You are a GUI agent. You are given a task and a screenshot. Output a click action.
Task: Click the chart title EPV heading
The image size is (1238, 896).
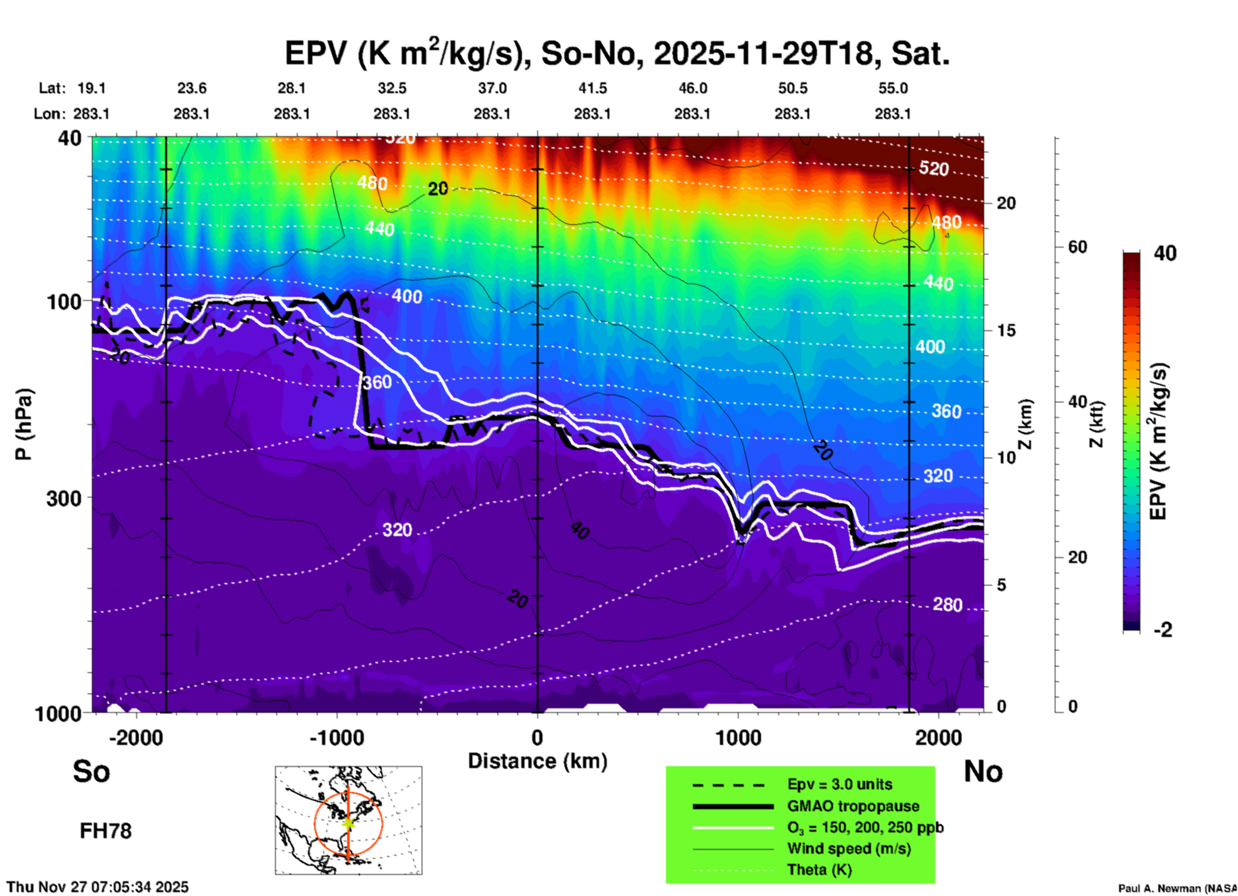(617, 53)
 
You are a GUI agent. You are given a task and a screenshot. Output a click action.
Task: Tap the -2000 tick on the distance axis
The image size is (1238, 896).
(136, 737)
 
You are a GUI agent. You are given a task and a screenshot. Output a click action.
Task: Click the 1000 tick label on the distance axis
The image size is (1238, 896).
(739, 737)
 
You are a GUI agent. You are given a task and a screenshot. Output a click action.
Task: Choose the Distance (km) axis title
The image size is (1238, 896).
(537, 761)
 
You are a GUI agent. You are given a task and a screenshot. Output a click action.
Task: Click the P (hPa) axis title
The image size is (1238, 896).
(23, 424)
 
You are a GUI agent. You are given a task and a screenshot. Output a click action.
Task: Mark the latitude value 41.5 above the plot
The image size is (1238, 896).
(592, 88)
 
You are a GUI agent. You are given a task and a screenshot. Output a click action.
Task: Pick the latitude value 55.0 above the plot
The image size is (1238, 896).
(893, 88)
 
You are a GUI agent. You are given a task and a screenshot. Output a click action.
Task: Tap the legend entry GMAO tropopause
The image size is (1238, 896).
(853, 806)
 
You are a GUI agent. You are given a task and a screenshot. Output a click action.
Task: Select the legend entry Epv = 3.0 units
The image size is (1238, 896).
(839, 784)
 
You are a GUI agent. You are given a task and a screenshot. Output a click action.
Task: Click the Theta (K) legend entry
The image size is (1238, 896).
(819, 870)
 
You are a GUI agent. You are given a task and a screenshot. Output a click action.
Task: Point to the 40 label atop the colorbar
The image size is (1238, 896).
(1165, 253)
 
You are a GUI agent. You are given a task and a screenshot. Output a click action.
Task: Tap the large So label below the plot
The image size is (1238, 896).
(91, 771)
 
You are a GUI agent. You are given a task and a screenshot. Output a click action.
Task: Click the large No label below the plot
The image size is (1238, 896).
(983, 771)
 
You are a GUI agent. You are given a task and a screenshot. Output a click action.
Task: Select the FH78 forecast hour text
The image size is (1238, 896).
(105, 831)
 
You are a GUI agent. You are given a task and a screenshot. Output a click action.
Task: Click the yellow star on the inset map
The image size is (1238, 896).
(348, 822)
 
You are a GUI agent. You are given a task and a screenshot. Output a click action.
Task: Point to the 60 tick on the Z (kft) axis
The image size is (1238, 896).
(1077, 247)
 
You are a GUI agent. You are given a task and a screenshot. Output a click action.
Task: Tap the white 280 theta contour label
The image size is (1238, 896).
(947, 605)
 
